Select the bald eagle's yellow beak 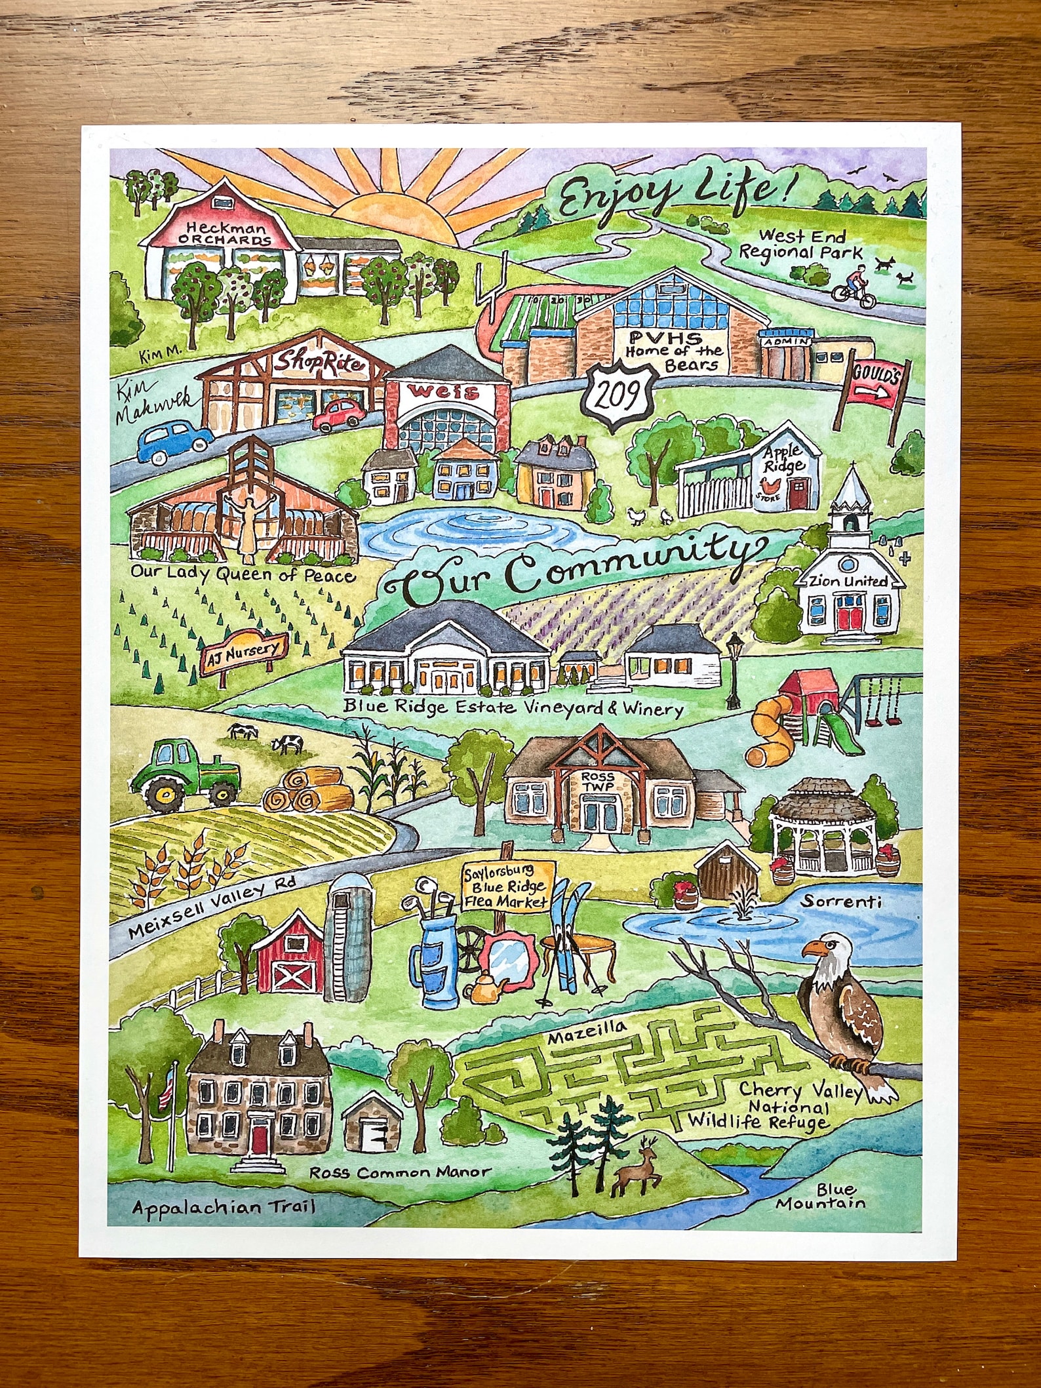[814, 949]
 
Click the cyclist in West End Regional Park [854, 289]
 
